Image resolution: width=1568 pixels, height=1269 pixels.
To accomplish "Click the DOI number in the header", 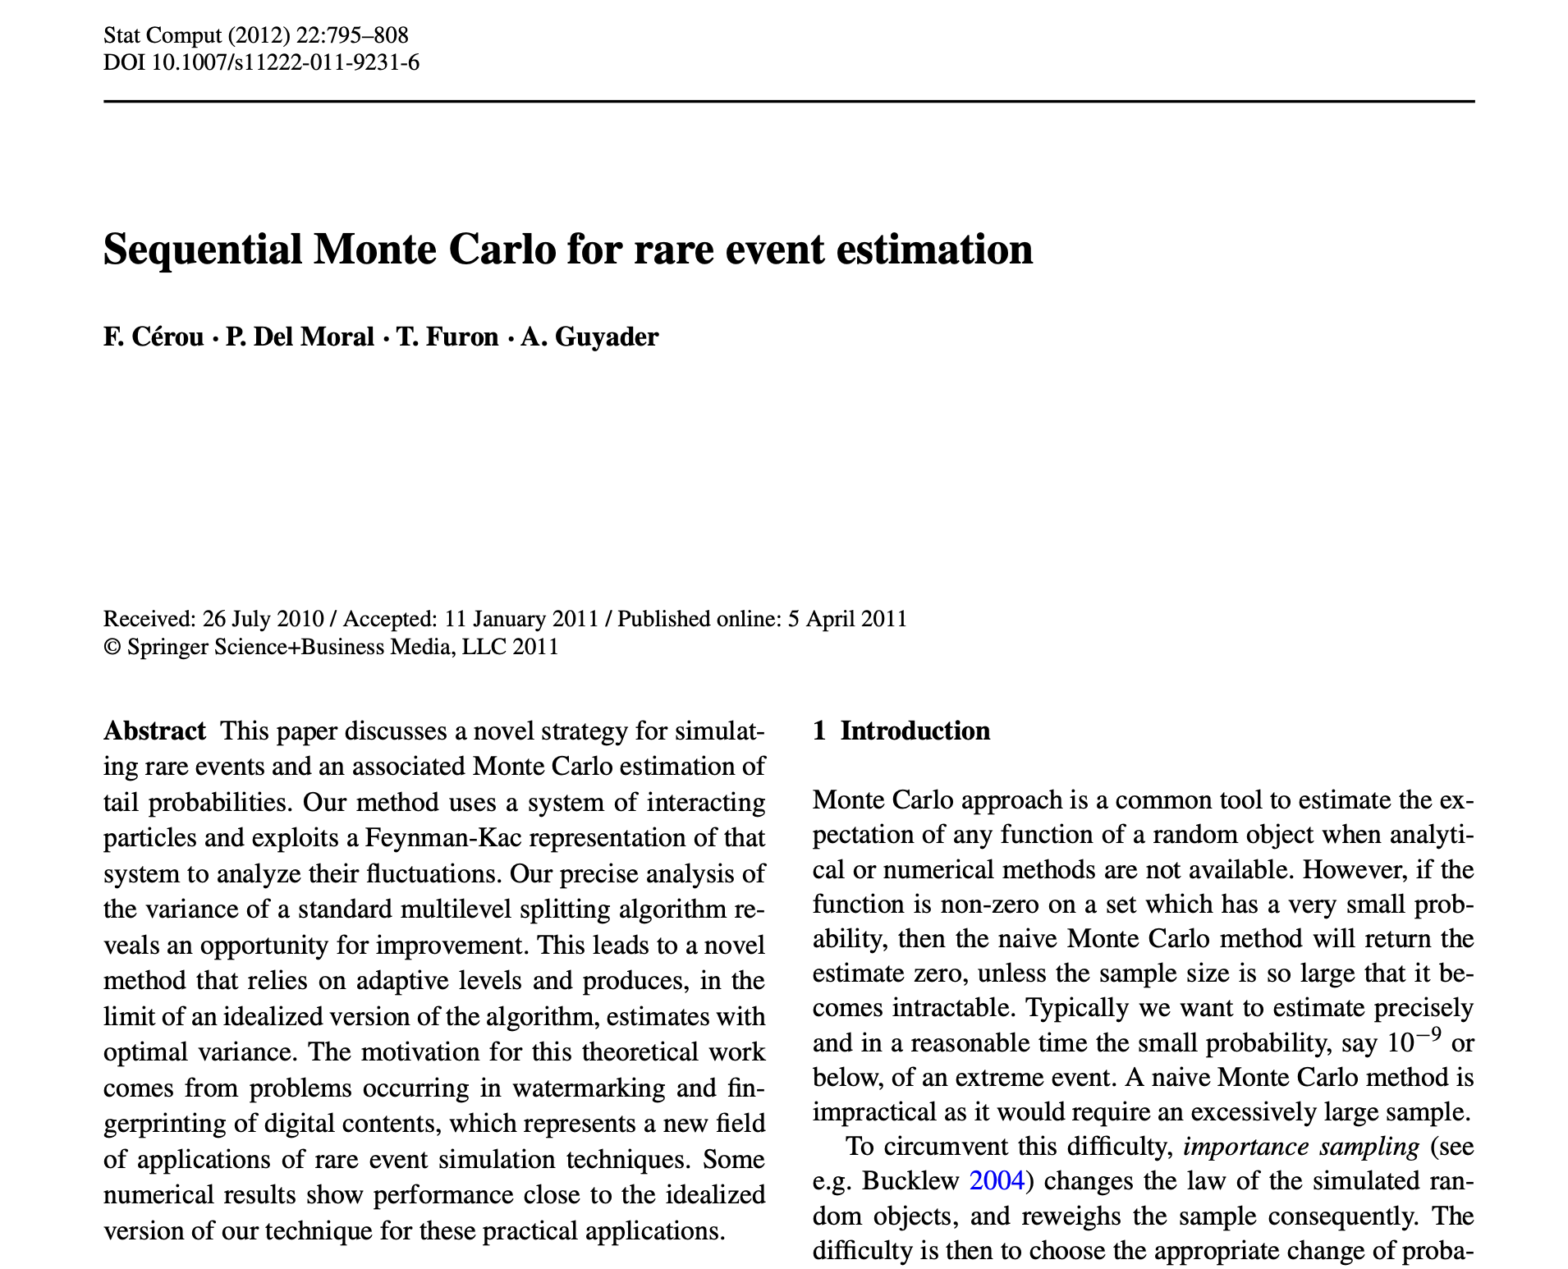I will pyautogui.click(x=285, y=62).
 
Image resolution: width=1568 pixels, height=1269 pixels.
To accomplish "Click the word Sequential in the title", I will pyautogui.click(x=203, y=250).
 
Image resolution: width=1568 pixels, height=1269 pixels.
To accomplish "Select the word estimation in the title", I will pyautogui.click(x=934, y=250).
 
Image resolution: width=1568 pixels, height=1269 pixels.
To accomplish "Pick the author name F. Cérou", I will pyautogui.click(x=154, y=337).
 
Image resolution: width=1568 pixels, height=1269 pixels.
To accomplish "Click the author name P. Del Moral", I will pyautogui.click(x=300, y=337).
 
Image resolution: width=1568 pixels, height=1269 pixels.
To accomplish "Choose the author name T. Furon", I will pyautogui.click(x=447, y=337).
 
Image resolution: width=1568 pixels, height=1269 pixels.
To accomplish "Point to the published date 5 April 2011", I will pyautogui.click(x=847, y=619).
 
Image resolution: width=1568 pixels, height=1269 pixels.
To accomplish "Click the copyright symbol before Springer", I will pyautogui.click(x=112, y=648).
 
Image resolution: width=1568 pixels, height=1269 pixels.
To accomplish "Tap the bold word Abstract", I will pyautogui.click(x=154, y=731).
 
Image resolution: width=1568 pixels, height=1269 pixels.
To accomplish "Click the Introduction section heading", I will pyautogui.click(x=915, y=731).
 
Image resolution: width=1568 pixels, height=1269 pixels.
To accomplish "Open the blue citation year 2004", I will pyautogui.click(x=997, y=1181).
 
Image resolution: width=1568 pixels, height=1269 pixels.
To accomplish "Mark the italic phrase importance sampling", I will pyautogui.click(x=1300, y=1146).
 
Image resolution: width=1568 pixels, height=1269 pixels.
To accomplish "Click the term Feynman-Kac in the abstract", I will pyautogui.click(x=424, y=838).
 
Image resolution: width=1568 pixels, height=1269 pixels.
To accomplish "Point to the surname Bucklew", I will pyautogui.click(x=910, y=1181).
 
